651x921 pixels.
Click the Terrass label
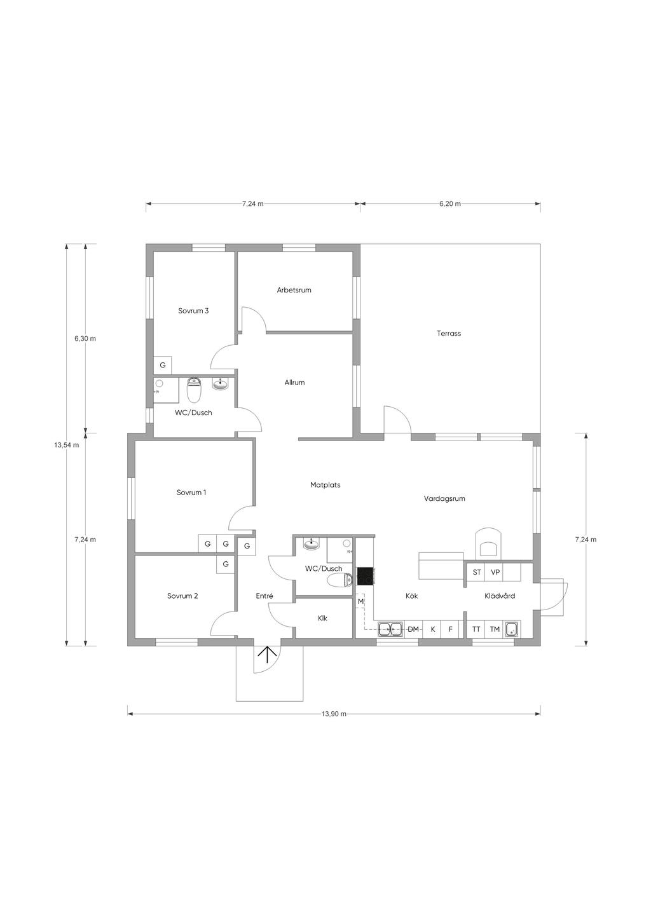point(449,334)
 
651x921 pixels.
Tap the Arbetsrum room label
point(294,290)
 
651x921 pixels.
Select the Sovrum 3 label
point(193,311)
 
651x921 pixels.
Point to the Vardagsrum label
point(444,499)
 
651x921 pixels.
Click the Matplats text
point(325,485)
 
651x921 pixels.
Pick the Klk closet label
point(322,618)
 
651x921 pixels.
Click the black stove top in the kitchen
point(365,576)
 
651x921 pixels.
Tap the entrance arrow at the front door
point(267,655)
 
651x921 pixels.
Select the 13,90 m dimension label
point(334,714)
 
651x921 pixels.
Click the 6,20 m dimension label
point(450,203)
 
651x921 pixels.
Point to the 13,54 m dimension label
point(67,445)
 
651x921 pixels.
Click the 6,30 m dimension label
point(85,338)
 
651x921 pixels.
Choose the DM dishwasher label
point(413,629)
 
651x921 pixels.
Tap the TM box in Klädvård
point(495,629)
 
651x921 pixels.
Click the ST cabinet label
point(477,572)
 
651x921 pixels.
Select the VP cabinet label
point(495,572)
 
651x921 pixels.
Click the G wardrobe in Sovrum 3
point(163,365)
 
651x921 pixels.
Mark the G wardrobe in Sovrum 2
point(225,564)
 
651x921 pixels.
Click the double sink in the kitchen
point(391,629)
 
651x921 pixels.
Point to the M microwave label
point(360,601)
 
